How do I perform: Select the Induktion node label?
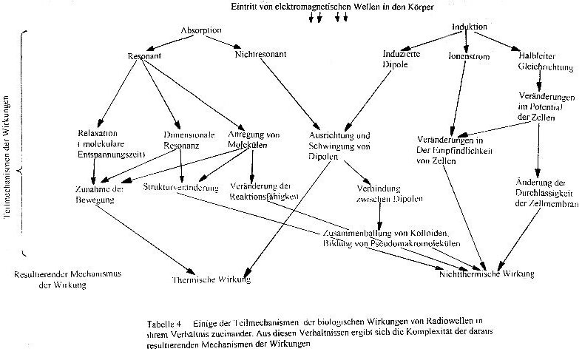469,27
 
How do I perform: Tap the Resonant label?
144,56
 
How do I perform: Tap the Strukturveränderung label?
181,188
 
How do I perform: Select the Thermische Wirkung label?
211,279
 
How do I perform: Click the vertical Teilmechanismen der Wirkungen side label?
7,154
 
